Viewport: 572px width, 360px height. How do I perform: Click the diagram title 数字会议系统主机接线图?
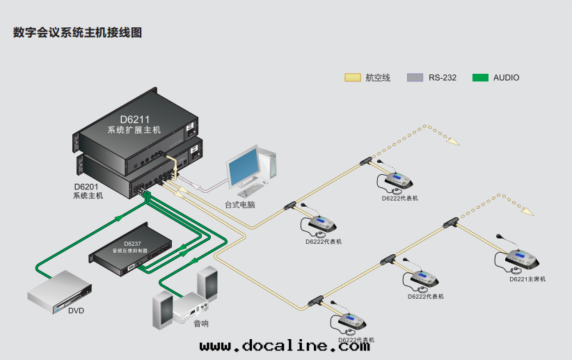[77, 33]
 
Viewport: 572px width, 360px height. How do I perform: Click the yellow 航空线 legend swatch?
[352, 77]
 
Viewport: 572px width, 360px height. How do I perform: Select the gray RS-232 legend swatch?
[415, 77]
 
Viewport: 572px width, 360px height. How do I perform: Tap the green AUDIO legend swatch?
[480, 77]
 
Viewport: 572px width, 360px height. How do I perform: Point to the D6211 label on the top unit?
[134, 119]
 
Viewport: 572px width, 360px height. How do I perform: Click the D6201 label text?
[88, 187]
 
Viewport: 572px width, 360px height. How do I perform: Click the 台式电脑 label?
[239, 205]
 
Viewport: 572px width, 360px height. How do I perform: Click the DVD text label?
[76, 311]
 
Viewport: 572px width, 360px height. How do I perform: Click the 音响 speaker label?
[201, 324]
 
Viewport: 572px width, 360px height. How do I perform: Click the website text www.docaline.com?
[285, 345]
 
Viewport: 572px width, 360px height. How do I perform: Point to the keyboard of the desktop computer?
[247, 191]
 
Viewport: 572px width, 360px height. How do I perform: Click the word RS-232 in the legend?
[443, 78]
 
